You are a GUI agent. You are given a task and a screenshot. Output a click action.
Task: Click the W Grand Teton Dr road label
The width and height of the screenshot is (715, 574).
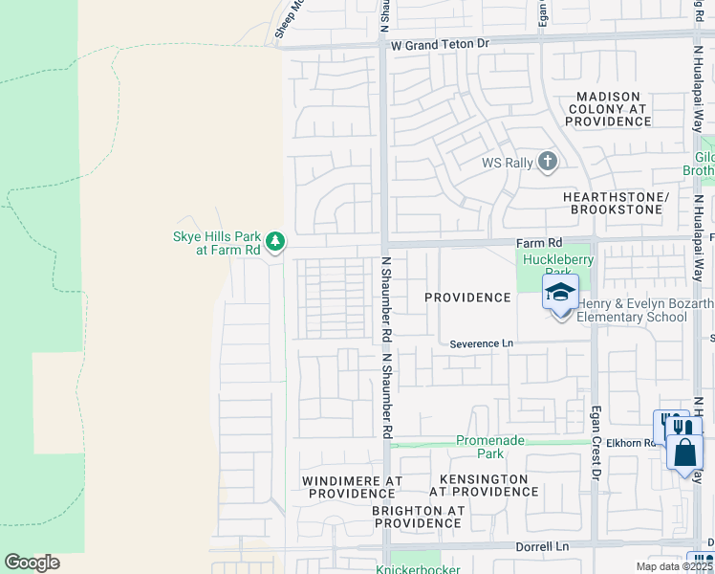pyautogui.click(x=440, y=44)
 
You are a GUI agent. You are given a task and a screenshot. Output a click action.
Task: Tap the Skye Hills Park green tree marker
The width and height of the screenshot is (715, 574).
pyautogui.click(x=275, y=239)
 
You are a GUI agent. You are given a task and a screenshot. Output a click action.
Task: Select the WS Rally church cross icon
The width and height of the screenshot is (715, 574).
pyautogui.click(x=548, y=161)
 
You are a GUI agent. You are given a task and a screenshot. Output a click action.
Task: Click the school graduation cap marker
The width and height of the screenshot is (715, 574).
pyautogui.click(x=560, y=292)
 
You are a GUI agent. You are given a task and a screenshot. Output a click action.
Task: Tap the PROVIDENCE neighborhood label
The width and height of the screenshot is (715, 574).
pyautogui.click(x=467, y=298)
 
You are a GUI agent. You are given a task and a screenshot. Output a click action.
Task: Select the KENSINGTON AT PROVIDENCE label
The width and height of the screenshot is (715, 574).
pyautogui.click(x=484, y=485)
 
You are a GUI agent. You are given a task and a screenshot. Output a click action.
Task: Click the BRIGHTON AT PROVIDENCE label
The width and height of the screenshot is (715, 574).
pyautogui.click(x=418, y=517)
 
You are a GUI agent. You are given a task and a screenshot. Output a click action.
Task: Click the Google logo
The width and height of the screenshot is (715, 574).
pyautogui.click(x=32, y=563)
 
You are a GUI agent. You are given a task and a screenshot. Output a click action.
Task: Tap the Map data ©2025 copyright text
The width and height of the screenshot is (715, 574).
pyautogui.click(x=674, y=566)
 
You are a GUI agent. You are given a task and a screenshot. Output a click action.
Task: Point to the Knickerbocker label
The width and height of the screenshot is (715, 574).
pyautogui.click(x=418, y=569)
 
